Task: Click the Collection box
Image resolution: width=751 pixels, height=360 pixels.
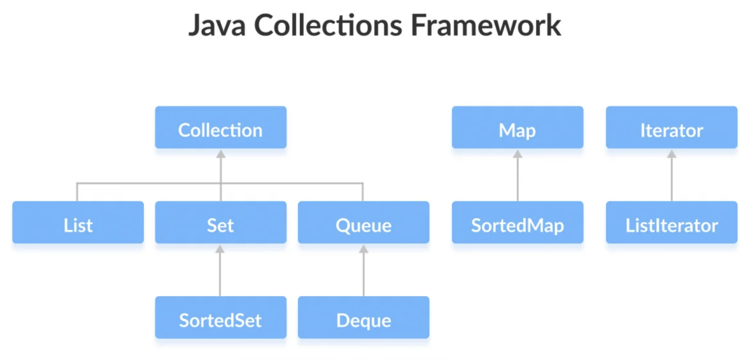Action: [x=221, y=127]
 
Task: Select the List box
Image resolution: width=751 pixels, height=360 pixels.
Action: [x=78, y=222]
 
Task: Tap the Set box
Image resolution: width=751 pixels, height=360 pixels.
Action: [x=221, y=222]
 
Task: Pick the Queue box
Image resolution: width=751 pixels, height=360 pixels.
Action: [x=363, y=222]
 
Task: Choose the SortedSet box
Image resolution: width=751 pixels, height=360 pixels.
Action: [x=221, y=317]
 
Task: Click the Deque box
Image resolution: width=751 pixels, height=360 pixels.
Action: [x=363, y=317]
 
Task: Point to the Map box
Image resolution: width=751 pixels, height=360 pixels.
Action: [x=517, y=127]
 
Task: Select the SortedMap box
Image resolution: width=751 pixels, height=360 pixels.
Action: [x=517, y=222]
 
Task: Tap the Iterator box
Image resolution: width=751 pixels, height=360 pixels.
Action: [x=672, y=127]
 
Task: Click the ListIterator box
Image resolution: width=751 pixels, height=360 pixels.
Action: [x=672, y=222]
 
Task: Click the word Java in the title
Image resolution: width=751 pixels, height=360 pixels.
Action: [x=217, y=26]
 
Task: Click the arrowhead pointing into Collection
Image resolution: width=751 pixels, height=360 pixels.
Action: [x=221, y=154]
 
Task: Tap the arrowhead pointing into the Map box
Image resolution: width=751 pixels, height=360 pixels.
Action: [x=518, y=154]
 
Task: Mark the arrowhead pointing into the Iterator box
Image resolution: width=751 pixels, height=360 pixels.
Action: [x=672, y=154]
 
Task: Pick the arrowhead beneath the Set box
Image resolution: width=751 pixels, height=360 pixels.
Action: [x=220, y=249]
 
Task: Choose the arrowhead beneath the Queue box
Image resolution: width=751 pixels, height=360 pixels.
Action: [x=363, y=249]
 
